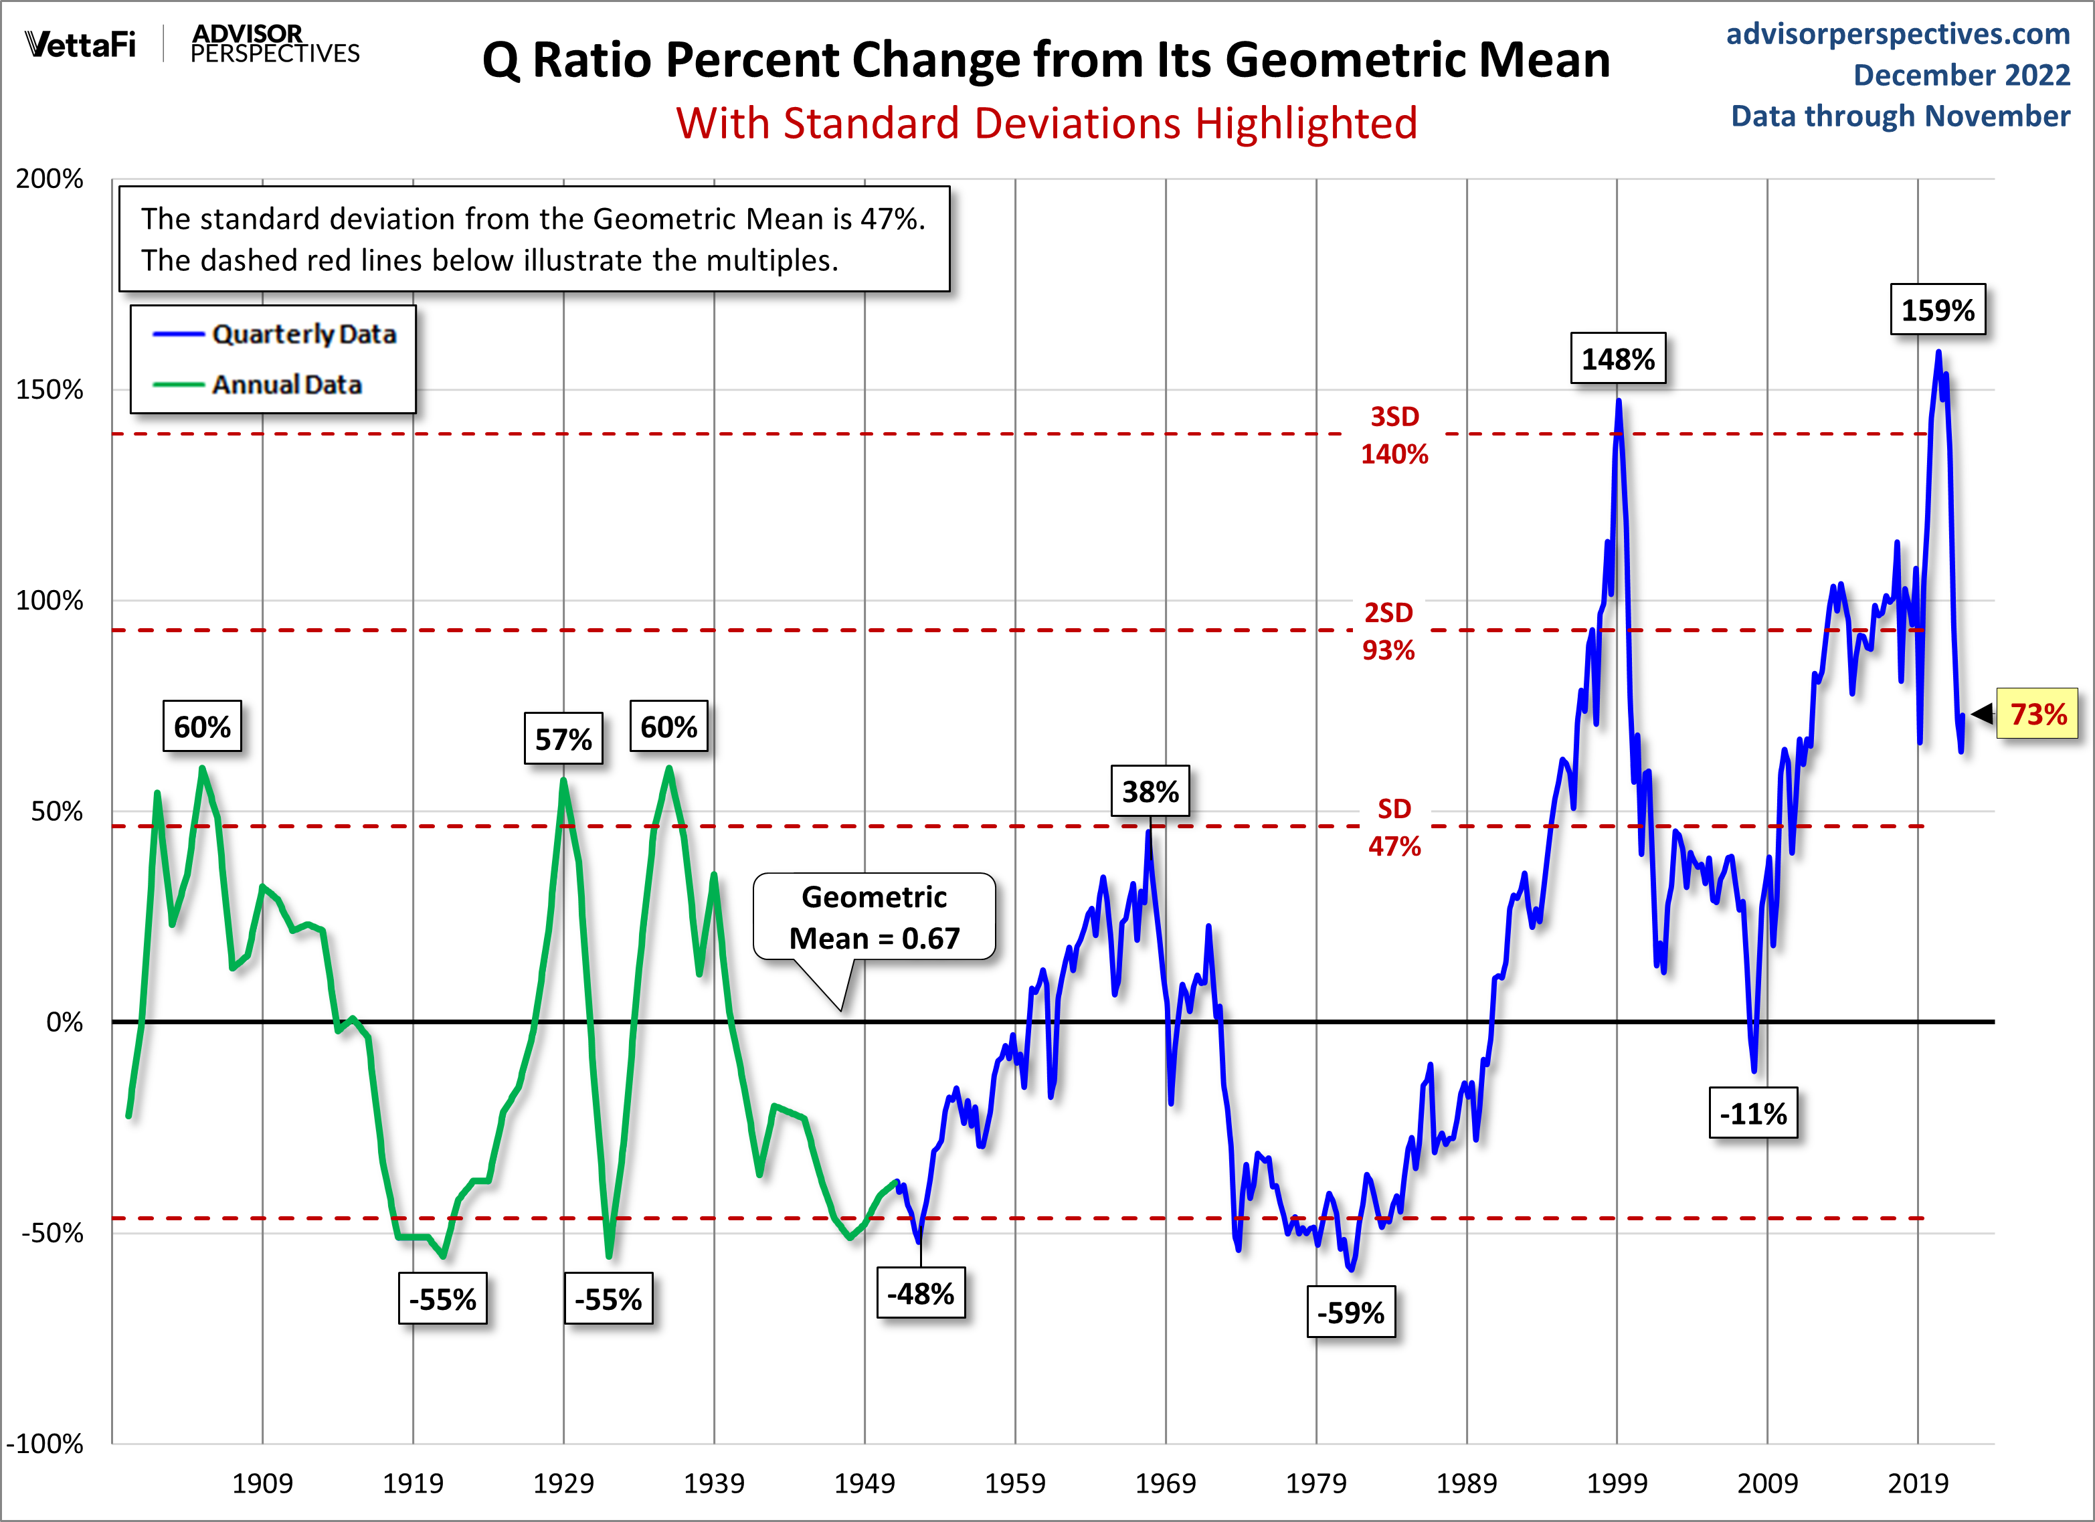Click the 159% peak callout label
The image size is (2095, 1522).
[x=1937, y=310]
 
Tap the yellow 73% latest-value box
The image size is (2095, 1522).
[x=2037, y=714]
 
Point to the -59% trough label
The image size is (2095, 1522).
[x=1350, y=1313]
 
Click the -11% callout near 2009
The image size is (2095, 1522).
[x=1752, y=1114]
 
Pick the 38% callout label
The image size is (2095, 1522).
[x=1150, y=791]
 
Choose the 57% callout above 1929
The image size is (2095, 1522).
[x=563, y=739]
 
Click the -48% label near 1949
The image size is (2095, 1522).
[x=920, y=1293]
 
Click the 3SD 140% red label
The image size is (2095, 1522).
[x=1394, y=435]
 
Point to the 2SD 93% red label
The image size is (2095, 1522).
[x=1388, y=631]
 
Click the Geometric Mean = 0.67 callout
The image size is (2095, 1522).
[x=874, y=917]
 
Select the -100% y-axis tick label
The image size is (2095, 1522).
[x=44, y=1444]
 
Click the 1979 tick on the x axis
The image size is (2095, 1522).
[x=1315, y=1483]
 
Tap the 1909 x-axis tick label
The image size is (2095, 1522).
[x=262, y=1483]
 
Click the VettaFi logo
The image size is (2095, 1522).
[x=80, y=43]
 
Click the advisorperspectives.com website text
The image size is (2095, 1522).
[x=1898, y=33]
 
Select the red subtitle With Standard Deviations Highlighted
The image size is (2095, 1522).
[x=1046, y=123]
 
